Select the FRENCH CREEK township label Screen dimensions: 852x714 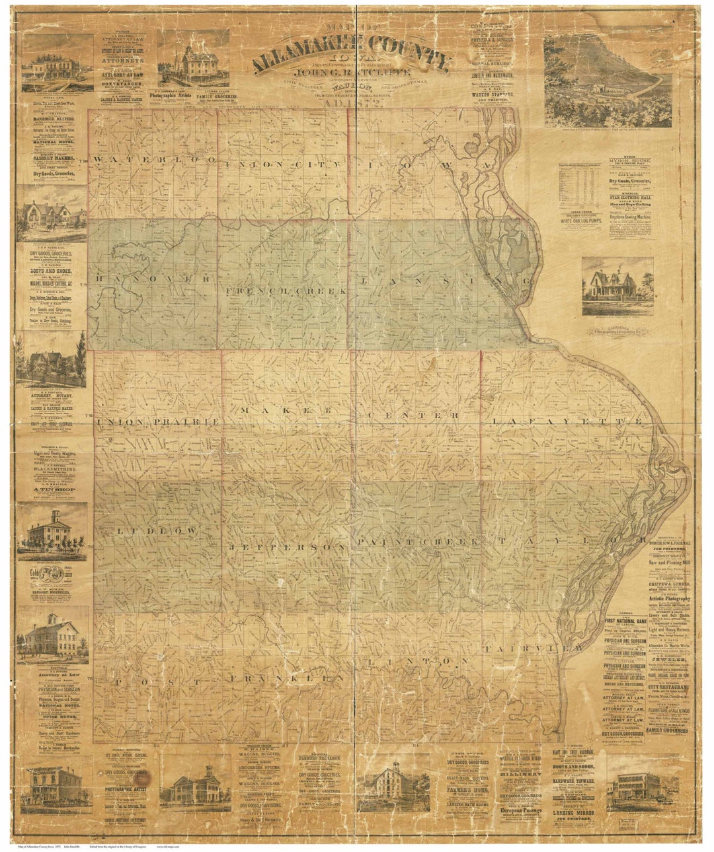coord(287,291)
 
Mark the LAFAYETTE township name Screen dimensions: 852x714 coord(566,421)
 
